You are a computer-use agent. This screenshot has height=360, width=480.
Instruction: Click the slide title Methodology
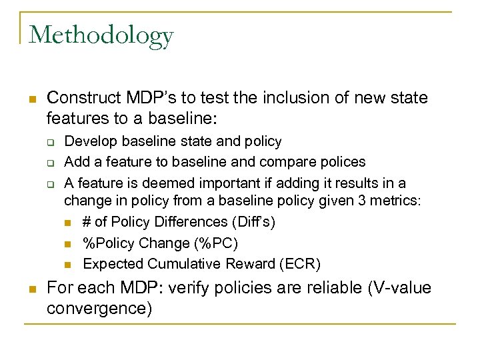(x=101, y=35)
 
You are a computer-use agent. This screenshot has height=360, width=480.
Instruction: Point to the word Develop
(x=89, y=141)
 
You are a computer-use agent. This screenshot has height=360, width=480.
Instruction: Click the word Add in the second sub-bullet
(x=76, y=162)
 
